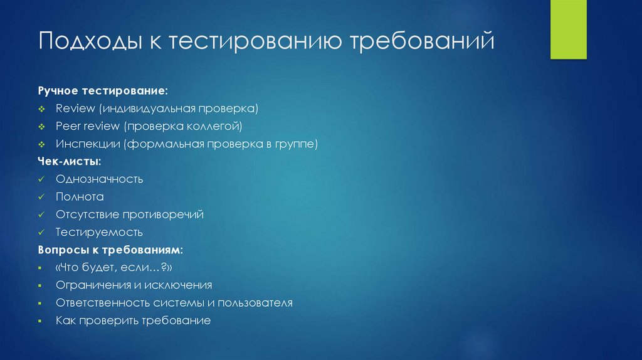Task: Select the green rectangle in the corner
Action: pos(568,29)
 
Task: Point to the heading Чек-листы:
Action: pos(69,161)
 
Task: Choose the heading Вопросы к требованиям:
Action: pos(110,250)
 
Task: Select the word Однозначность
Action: pos(99,179)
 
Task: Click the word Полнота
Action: pos(79,196)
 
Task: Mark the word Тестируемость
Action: pos(99,232)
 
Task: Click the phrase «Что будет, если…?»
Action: pos(113,268)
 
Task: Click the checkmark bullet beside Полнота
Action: pos(41,197)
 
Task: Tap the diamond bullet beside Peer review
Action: pos(41,127)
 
